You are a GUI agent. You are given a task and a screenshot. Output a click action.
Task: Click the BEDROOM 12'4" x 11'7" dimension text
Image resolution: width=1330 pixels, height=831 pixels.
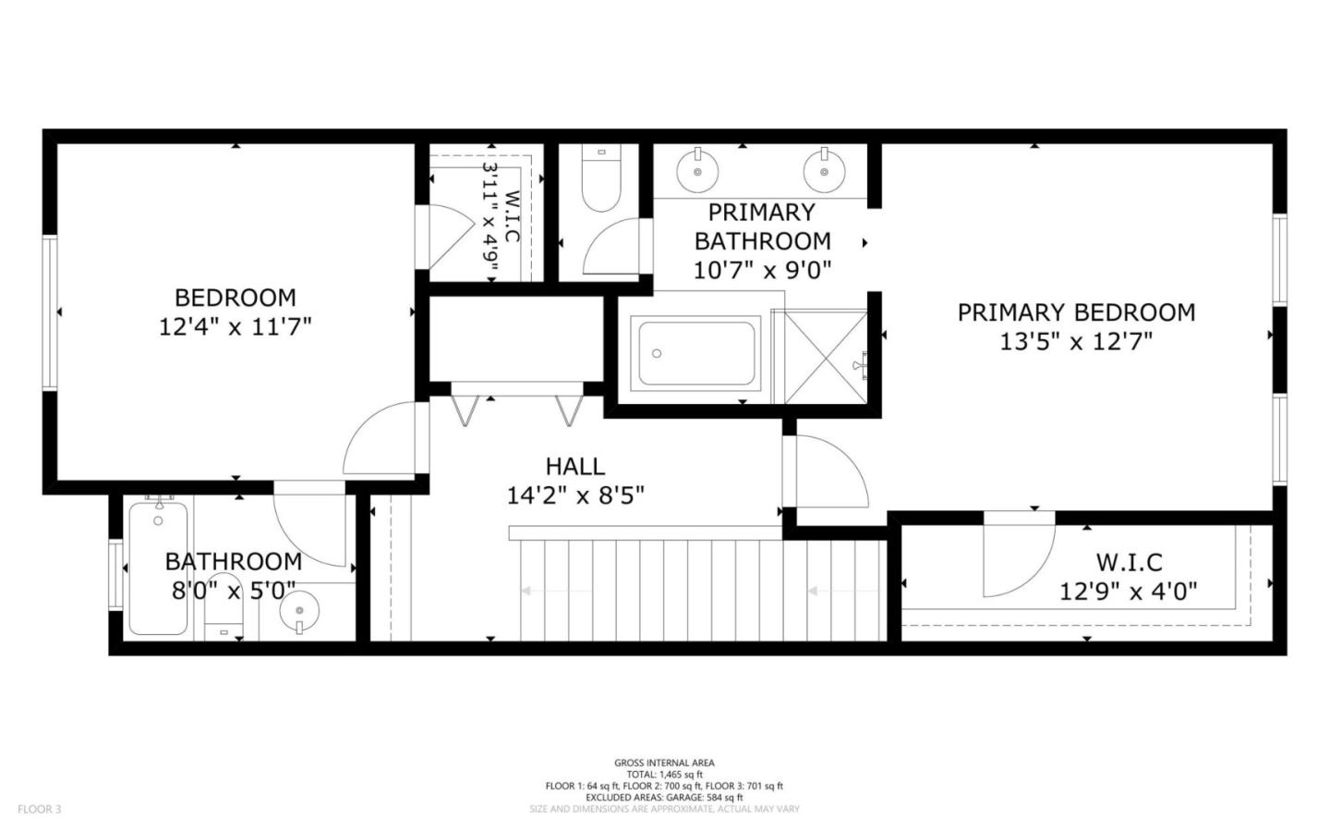(x=236, y=327)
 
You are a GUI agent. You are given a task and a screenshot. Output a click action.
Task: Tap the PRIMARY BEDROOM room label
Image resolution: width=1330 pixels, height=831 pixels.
(x=1076, y=312)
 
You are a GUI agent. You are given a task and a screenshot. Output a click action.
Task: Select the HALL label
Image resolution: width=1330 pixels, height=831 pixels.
(x=575, y=467)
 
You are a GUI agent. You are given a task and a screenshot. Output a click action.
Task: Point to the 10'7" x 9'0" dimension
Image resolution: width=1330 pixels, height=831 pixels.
(x=762, y=271)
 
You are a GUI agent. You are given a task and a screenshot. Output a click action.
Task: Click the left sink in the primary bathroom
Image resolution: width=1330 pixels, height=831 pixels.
(x=697, y=170)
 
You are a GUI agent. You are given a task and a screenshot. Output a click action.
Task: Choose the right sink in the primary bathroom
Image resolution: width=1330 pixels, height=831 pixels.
(x=824, y=170)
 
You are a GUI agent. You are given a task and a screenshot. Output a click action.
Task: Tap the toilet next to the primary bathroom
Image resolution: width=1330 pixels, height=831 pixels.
(x=601, y=178)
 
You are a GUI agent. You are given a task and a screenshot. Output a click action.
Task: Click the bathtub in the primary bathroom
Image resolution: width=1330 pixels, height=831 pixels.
(x=695, y=354)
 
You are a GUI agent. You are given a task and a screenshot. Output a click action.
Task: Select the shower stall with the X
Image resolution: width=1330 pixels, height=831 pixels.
(x=827, y=357)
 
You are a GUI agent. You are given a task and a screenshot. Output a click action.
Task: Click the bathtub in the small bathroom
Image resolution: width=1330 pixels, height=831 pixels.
(x=158, y=568)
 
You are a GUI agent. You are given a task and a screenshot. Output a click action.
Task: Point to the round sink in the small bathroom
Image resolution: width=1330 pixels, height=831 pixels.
(x=300, y=610)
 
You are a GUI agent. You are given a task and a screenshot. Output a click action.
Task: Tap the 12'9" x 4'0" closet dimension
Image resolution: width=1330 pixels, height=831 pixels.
(x=1128, y=592)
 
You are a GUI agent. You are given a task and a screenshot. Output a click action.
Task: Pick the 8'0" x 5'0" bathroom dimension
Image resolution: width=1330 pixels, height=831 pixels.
(x=234, y=592)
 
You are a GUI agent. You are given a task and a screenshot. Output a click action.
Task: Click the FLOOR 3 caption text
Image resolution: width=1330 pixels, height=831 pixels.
(x=39, y=809)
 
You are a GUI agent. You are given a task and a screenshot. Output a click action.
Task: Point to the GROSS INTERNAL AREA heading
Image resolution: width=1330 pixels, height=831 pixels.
(x=664, y=763)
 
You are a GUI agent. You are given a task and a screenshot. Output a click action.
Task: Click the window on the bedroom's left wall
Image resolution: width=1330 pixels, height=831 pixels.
(x=50, y=313)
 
